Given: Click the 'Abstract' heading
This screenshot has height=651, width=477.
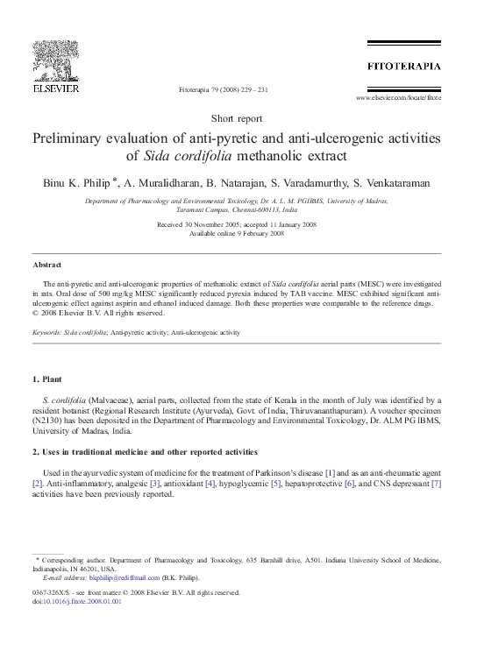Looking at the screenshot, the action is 47,264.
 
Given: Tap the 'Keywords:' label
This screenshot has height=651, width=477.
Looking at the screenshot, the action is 50,333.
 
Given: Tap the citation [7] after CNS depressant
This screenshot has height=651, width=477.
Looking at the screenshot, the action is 437,484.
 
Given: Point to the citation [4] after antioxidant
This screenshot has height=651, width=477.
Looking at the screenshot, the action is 210,484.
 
